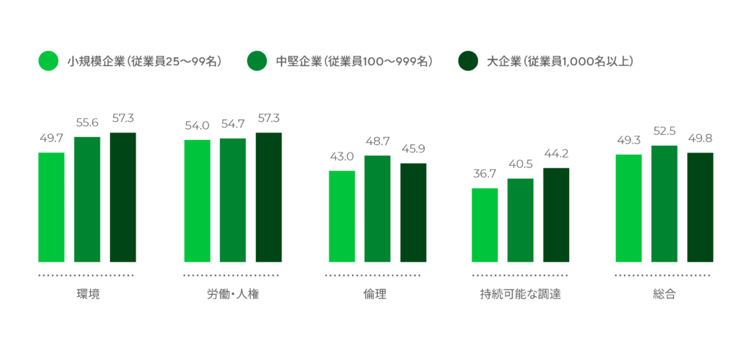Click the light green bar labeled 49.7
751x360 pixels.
pyautogui.click(x=51, y=207)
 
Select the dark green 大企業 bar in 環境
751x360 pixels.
pyautogui.click(x=123, y=197)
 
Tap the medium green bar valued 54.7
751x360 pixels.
pyautogui.click(x=232, y=199)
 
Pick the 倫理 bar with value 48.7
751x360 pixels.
pyautogui.click(x=377, y=208)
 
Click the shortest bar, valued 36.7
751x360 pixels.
pyautogui.click(x=485, y=224)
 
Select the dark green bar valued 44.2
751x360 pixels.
pyautogui.click(x=556, y=215)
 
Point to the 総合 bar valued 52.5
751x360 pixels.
pyautogui.click(x=664, y=203)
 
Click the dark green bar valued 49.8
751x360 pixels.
pyautogui.click(x=700, y=207)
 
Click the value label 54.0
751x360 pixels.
pyautogui.click(x=197, y=126)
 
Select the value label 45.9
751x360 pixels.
pyautogui.click(x=413, y=149)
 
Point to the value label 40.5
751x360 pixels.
pyautogui.click(x=521, y=164)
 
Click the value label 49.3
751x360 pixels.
pyautogui.click(x=629, y=140)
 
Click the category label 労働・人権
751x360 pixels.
pyautogui.click(x=232, y=295)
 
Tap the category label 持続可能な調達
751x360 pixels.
pyautogui.click(x=521, y=295)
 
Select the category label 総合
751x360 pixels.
pyautogui.click(x=664, y=295)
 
